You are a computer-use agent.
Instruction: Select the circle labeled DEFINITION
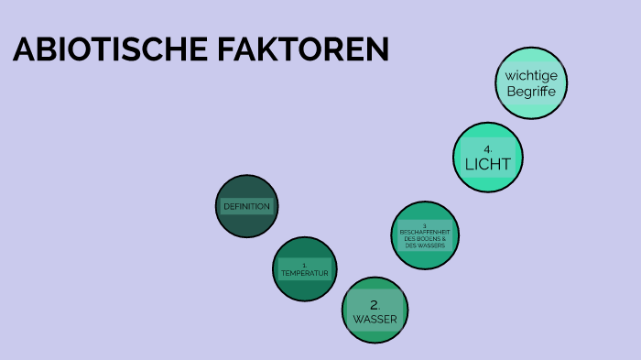point(246,206)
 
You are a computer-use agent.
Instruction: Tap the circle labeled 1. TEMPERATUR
point(305,269)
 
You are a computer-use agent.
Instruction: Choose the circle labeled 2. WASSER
point(375,310)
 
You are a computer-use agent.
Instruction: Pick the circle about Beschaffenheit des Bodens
point(424,235)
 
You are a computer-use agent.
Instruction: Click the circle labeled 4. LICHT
point(488,157)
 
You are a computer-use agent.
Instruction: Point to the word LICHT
point(488,164)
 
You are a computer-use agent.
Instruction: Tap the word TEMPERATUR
point(305,273)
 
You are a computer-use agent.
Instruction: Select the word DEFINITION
point(246,206)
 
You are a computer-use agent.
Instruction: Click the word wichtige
point(531,75)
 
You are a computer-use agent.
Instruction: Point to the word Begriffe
point(531,91)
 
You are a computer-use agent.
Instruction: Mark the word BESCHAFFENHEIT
point(424,232)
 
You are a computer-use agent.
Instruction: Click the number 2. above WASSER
point(375,304)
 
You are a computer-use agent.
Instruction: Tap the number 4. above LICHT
point(488,148)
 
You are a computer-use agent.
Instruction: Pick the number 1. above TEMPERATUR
point(304,265)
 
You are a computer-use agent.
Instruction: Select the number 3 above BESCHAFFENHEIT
point(425,225)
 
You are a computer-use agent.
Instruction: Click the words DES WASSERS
point(424,245)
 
